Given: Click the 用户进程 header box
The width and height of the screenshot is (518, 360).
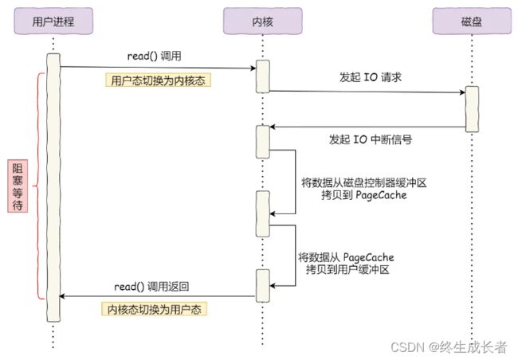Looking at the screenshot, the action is pos(53,22).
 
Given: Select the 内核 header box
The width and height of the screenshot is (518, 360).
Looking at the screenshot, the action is pos(263,22).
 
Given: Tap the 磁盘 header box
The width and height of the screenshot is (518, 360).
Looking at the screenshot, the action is pos(472,22).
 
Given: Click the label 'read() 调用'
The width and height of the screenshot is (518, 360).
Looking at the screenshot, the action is pos(155,56).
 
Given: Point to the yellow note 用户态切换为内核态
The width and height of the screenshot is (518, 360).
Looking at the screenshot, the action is pos(158,80).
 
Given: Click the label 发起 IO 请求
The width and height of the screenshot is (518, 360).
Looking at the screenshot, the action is pos(371,77).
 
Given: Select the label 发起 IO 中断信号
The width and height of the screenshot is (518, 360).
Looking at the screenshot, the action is pos(371,139).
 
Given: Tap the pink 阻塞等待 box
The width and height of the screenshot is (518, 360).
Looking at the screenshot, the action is pos(18,186).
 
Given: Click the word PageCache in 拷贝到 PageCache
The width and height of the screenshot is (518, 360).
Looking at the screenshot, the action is pos(381,195).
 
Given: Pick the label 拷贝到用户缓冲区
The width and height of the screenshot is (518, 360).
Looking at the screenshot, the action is pos(347,269).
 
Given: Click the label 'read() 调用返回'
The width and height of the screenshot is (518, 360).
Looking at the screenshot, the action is pos(151,287).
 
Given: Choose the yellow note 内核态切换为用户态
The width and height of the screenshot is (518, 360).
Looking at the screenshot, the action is pos(155,309).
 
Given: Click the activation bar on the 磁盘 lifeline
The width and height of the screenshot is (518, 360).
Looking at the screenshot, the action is pos(472,109).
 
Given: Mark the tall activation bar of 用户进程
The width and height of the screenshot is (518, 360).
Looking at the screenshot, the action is pos(53,188).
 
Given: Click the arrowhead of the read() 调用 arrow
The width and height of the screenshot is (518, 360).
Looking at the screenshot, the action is pos(253,68).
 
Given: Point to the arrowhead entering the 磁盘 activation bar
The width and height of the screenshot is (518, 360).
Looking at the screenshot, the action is pos(462,92).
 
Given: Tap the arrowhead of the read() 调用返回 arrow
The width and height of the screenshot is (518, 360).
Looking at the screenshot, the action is pos(62,296).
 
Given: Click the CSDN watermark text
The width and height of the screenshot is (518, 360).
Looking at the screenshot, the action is pos(449,347).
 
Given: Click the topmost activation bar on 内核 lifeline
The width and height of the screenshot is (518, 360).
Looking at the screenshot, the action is pos(263,76).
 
